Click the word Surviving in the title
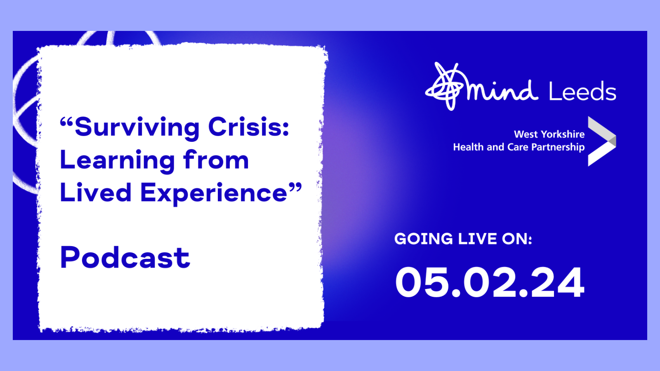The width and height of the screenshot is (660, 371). pyautogui.click(x=137, y=127)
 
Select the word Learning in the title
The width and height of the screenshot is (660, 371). pyautogui.click(x=117, y=161)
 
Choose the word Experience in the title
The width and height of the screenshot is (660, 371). pyautogui.click(x=214, y=193)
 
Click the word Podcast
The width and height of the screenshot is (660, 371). pyautogui.click(x=125, y=258)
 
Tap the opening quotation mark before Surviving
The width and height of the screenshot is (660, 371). pyautogui.click(x=66, y=122)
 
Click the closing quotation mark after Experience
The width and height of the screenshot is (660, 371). pyautogui.click(x=295, y=188)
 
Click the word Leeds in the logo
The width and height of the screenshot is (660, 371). pyautogui.click(x=582, y=92)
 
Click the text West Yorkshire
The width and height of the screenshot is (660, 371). pyautogui.click(x=549, y=134)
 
